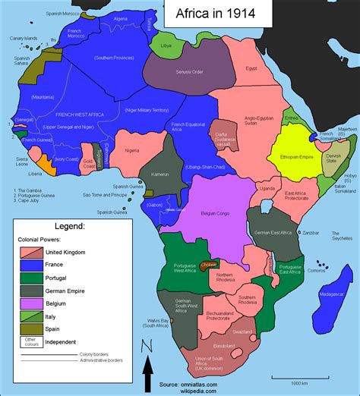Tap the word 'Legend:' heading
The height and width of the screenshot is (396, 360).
63,225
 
